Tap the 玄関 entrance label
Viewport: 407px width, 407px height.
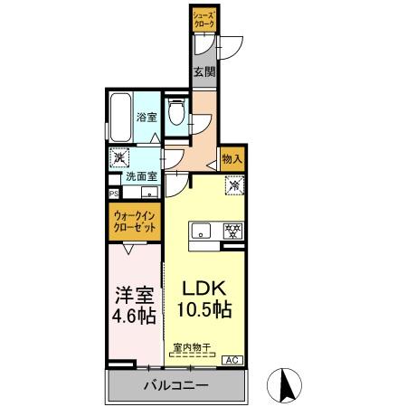[203, 72]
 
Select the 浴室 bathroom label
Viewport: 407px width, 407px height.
[147, 117]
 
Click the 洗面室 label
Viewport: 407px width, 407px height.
[141, 177]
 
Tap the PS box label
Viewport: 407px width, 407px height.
[114, 194]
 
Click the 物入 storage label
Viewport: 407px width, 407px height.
[232, 158]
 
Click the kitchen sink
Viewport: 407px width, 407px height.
[201, 231]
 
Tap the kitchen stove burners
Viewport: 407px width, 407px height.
[232, 231]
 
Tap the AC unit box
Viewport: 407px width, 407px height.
[232, 360]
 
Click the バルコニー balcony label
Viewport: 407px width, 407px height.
[177, 386]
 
